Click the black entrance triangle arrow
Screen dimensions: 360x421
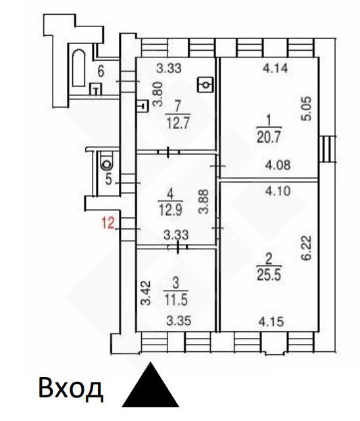click(151, 387)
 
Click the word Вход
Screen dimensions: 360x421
click(71, 389)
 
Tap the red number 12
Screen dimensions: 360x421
click(108, 223)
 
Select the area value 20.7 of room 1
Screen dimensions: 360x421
click(269, 138)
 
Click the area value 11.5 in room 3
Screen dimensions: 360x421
click(176, 300)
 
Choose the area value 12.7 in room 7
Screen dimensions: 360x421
click(178, 124)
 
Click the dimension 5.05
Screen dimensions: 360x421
click(307, 109)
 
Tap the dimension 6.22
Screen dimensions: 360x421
click(307, 247)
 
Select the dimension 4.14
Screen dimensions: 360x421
click(275, 68)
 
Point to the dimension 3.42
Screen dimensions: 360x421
click(146, 293)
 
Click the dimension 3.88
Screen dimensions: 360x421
click(204, 201)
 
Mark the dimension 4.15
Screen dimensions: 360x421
click(271, 322)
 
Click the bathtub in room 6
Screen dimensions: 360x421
click(78, 68)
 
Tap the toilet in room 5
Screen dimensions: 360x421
click(107, 161)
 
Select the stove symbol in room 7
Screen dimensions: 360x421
click(205, 84)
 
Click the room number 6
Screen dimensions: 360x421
click(101, 72)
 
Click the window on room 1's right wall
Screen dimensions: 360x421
click(328, 149)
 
